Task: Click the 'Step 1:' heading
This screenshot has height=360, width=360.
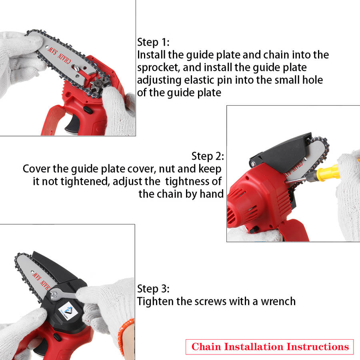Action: click(x=153, y=42)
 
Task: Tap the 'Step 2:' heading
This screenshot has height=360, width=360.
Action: click(x=208, y=156)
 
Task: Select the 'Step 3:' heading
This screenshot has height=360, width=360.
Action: click(x=153, y=289)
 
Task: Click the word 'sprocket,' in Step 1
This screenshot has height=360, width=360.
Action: click(x=158, y=68)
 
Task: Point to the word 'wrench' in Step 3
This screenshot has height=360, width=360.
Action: click(x=278, y=302)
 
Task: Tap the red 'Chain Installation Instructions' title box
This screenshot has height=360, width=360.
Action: click(x=270, y=347)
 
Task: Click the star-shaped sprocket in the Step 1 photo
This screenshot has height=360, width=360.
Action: click(x=97, y=86)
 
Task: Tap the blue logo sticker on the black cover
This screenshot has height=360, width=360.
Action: click(x=68, y=311)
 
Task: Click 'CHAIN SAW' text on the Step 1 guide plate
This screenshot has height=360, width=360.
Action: click(x=59, y=55)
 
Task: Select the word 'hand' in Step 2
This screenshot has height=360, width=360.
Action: click(x=212, y=194)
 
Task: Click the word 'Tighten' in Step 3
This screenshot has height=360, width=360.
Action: click(x=156, y=302)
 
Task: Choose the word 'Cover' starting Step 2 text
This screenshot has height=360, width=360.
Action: click(x=36, y=169)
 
